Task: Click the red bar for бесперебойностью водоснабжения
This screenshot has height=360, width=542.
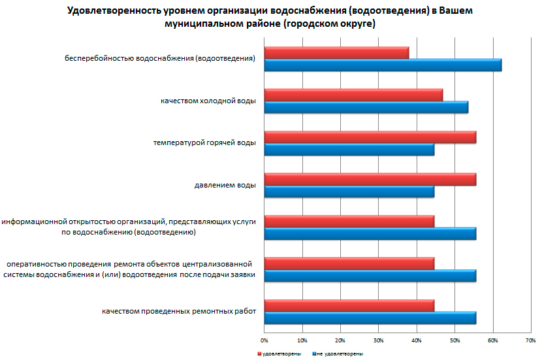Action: coord(336,53)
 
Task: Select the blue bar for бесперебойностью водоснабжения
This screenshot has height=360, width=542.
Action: coord(383,65)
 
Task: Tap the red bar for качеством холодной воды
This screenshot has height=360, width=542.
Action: coord(353,95)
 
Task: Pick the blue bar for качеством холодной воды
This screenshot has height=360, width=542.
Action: coord(366,107)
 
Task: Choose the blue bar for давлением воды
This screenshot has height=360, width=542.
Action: coord(349,191)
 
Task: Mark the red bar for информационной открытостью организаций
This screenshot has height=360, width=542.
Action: coord(349,221)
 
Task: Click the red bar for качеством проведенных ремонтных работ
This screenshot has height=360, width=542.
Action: coord(349,306)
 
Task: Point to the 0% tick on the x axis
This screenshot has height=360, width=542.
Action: coord(264,340)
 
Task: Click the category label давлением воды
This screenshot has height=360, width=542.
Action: coord(225,186)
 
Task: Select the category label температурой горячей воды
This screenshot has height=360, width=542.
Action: coord(204,143)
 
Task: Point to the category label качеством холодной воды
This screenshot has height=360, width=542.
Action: coord(208,101)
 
